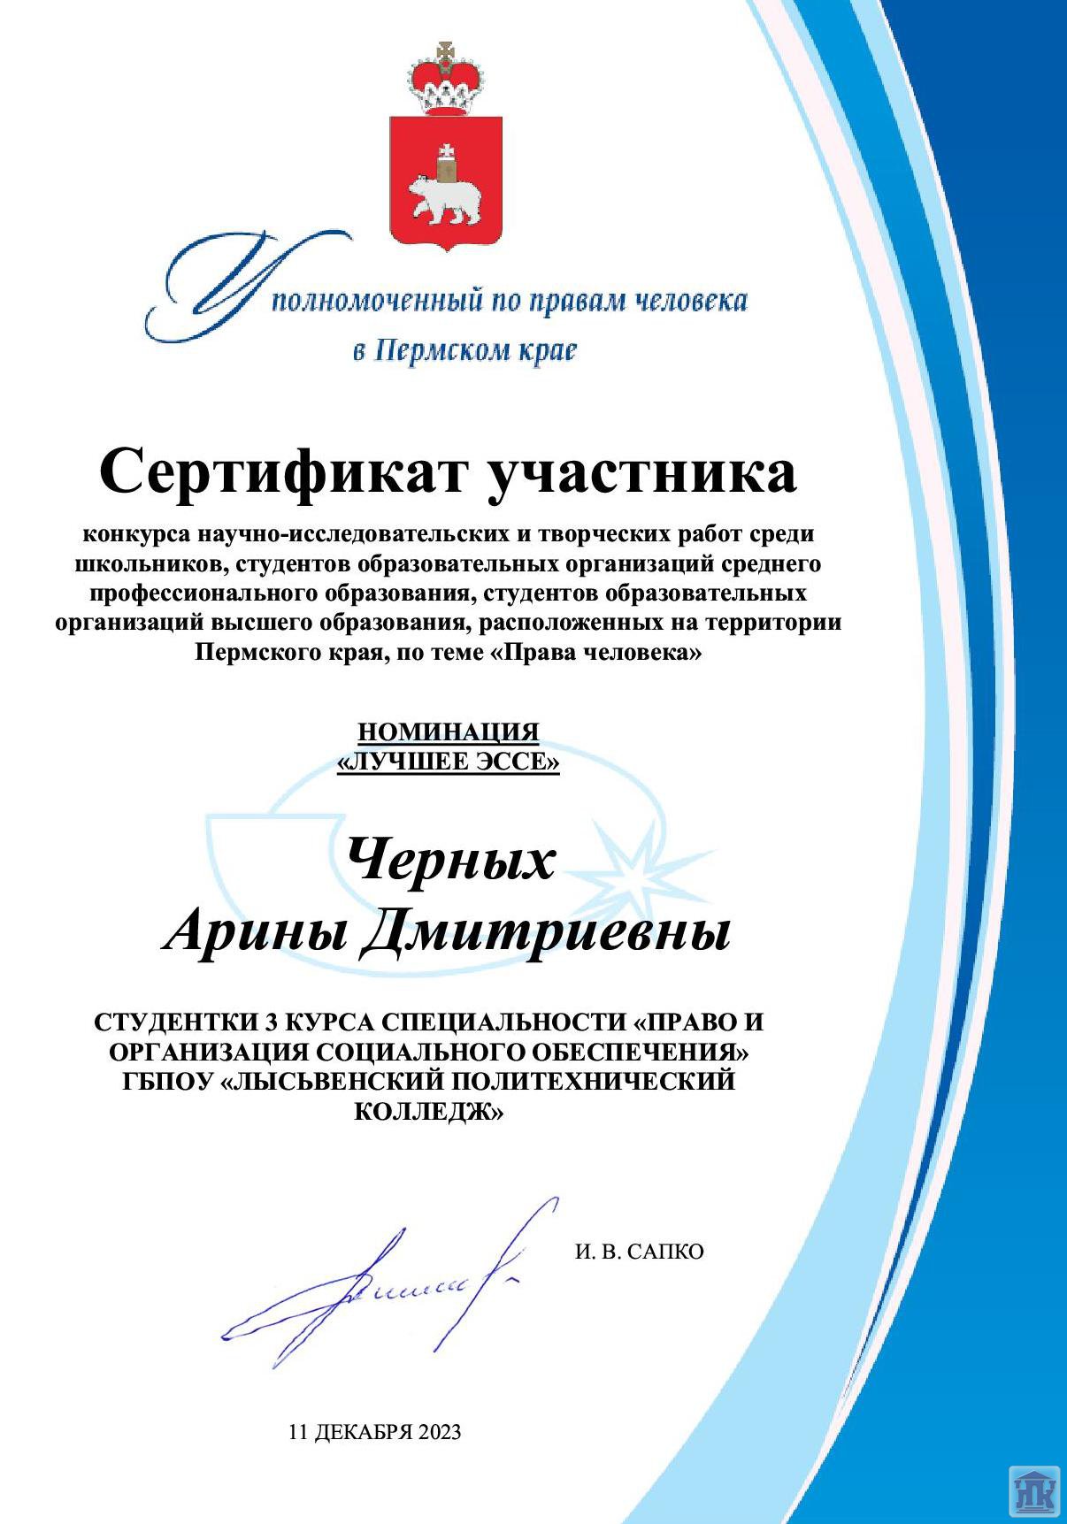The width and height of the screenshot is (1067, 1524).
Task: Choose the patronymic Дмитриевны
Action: [546, 932]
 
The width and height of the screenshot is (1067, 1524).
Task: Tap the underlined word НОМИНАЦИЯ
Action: [449, 732]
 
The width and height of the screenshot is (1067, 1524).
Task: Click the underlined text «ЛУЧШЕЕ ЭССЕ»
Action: [449, 762]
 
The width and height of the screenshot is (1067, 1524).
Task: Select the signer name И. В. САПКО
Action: [639, 1252]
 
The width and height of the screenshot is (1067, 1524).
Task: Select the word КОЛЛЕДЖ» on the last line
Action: [428, 1111]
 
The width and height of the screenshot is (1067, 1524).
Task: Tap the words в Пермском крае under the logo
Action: [464, 350]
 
